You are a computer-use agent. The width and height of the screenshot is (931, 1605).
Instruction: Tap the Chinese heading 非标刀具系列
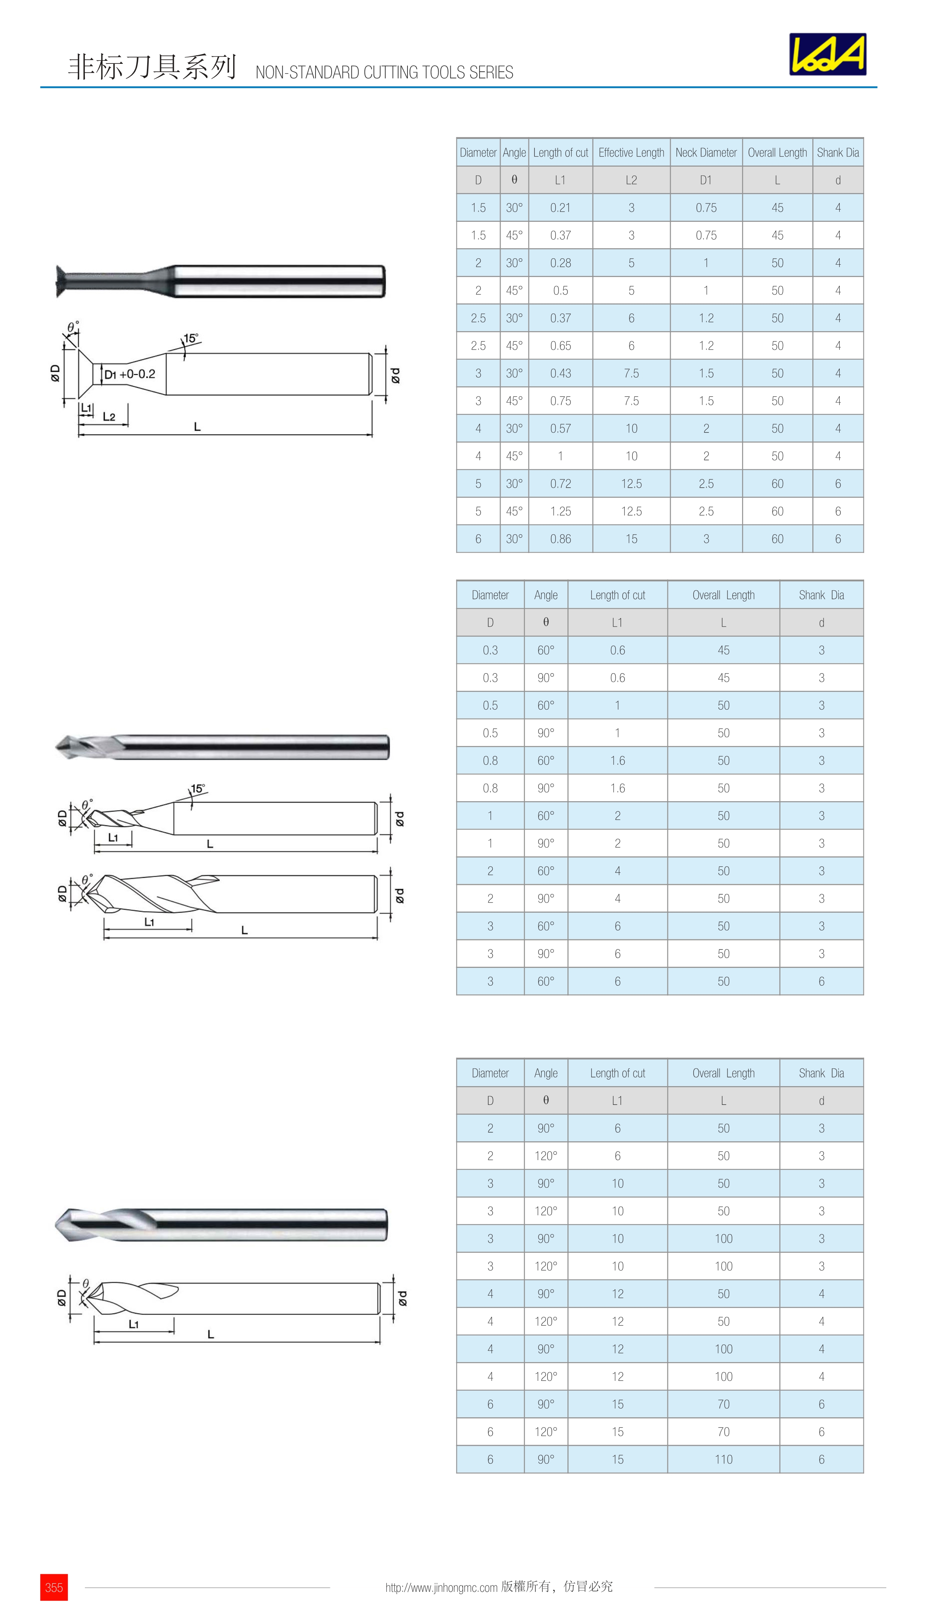click(x=152, y=67)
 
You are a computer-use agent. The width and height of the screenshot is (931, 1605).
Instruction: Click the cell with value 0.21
click(x=560, y=208)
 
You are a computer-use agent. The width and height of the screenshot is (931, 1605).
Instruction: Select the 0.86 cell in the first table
click(x=560, y=539)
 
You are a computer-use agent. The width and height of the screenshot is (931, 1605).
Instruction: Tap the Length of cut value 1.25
click(x=560, y=511)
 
